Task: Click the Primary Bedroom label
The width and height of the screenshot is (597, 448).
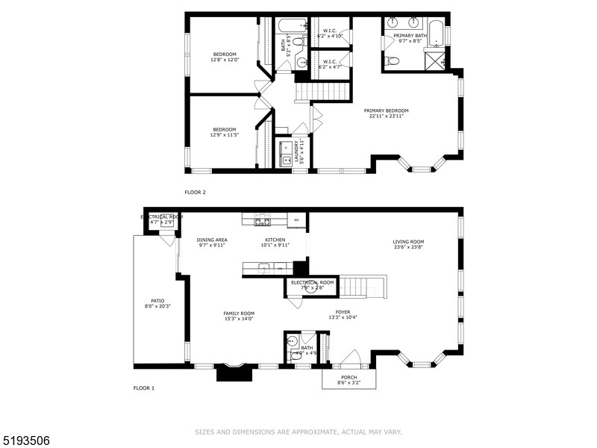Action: pyautogui.click(x=386, y=111)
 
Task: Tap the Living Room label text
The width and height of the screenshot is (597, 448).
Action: pyautogui.click(x=408, y=241)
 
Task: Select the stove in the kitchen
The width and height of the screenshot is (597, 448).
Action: pyautogui.click(x=262, y=220)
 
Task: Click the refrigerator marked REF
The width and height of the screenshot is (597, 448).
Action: pyautogui.click(x=296, y=220)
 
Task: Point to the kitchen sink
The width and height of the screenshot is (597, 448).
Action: pyautogui.click(x=263, y=267)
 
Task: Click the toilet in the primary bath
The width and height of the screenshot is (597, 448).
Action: pyautogui.click(x=393, y=60)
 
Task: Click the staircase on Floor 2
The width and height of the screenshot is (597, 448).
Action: pyautogui.click(x=324, y=92)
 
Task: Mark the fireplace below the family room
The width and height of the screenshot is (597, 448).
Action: pyautogui.click(x=230, y=373)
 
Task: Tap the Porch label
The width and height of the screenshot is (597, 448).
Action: pyautogui.click(x=349, y=378)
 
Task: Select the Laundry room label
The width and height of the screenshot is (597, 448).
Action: pyautogui.click(x=296, y=151)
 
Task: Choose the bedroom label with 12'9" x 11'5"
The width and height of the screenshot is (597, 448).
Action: pyautogui.click(x=224, y=132)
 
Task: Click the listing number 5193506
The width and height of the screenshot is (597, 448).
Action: pyautogui.click(x=25, y=441)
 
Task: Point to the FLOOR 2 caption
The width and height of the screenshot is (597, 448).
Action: pyautogui.click(x=195, y=192)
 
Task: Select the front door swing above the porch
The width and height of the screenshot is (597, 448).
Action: pyautogui.click(x=355, y=358)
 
